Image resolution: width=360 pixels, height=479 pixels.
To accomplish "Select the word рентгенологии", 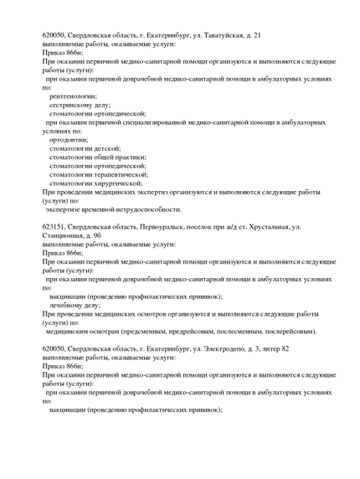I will point(74,95).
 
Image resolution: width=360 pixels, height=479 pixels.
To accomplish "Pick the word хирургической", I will point(116,183).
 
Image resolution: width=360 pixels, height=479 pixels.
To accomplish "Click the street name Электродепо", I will point(220,348).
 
